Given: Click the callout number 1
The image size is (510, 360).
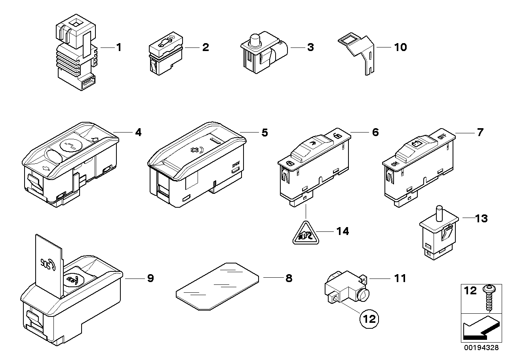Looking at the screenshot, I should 118,47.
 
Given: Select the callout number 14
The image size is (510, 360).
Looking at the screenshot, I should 343,231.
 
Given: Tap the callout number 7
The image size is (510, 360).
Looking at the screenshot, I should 480,132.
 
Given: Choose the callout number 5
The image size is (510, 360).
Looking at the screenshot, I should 264,133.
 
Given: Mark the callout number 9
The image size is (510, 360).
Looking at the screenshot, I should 150,278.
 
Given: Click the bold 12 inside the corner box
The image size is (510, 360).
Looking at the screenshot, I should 471,291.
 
